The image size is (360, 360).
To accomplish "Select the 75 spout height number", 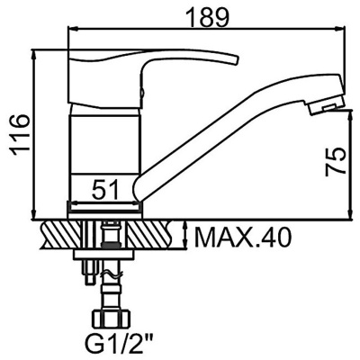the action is point(336,162).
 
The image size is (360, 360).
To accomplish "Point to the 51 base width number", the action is point(105,190).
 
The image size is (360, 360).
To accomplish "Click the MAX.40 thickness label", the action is point(243,238).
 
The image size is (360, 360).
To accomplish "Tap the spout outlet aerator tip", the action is point(327,105).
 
